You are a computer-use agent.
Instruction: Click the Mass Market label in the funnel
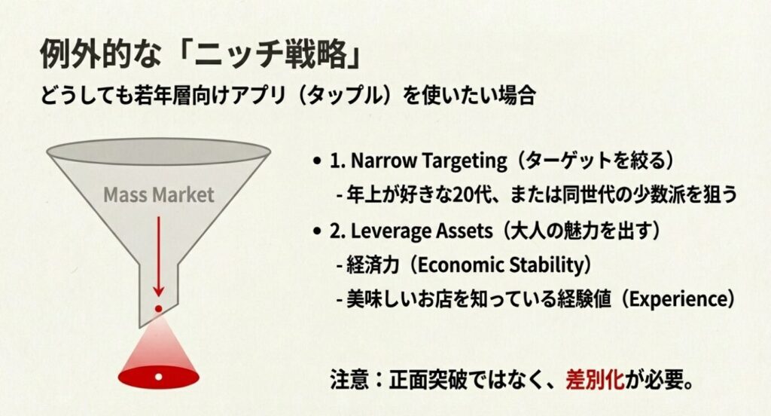pos(159,194)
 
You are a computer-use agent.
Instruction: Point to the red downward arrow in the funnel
pos(159,257)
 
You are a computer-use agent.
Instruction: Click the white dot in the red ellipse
pos(158,375)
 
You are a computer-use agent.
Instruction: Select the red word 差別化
pos(596,379)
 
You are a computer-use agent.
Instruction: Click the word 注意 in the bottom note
pos(349,379)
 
